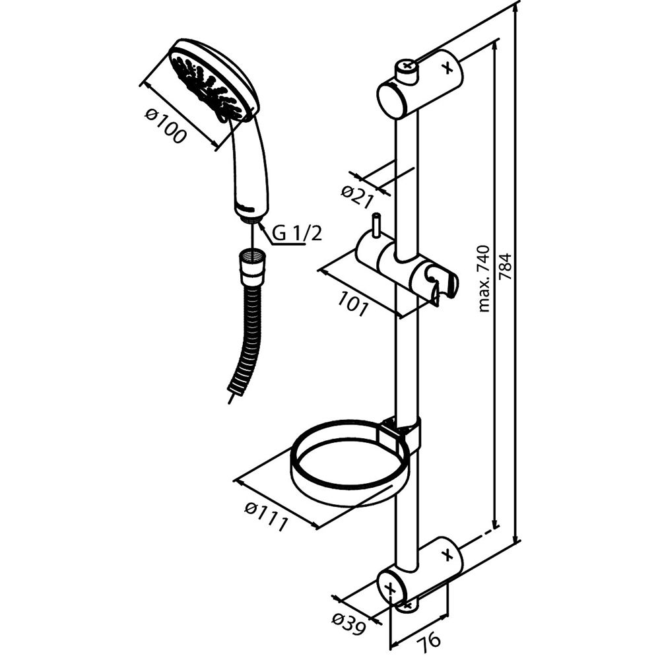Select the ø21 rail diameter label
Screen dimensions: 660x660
click(x=357, y=197)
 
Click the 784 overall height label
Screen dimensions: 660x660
click(x=505, y=266)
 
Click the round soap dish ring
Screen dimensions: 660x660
click(x=349, y=463)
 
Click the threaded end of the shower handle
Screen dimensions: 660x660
click(x=251, y=216)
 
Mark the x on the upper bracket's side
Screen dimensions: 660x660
click(x=448, y=67)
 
